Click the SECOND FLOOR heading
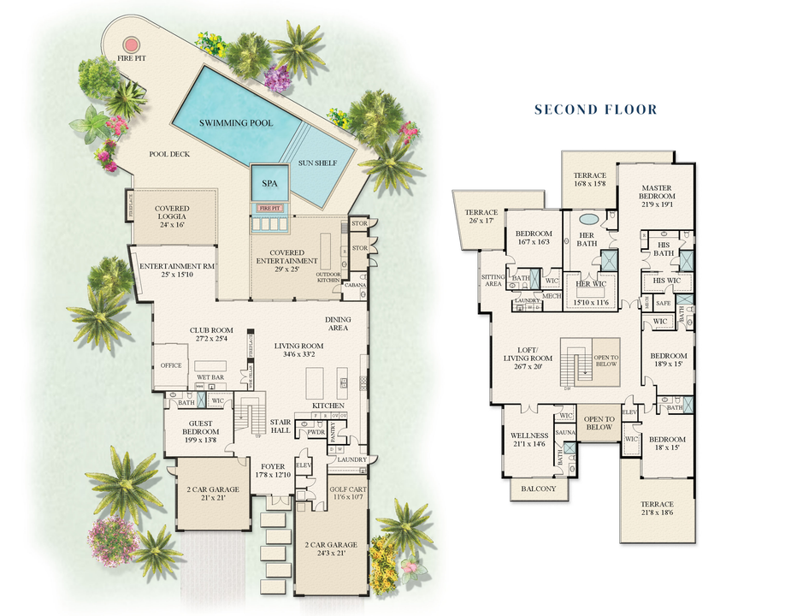tap(595, 110)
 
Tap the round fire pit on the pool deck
tap(131, 44)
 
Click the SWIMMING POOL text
tap(236, 123)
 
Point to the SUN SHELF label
tap(316, 163)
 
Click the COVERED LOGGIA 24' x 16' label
tap(172, 214)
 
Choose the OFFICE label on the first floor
tap(171, 365)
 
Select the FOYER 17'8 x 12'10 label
tap(273, 471)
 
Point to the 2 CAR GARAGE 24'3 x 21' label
tap(334, 549)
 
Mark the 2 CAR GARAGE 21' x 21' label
tap(209, 494)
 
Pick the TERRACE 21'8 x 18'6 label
tap(657, 510)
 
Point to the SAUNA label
tap(564, 434)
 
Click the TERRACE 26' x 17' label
tap(481, 217)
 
